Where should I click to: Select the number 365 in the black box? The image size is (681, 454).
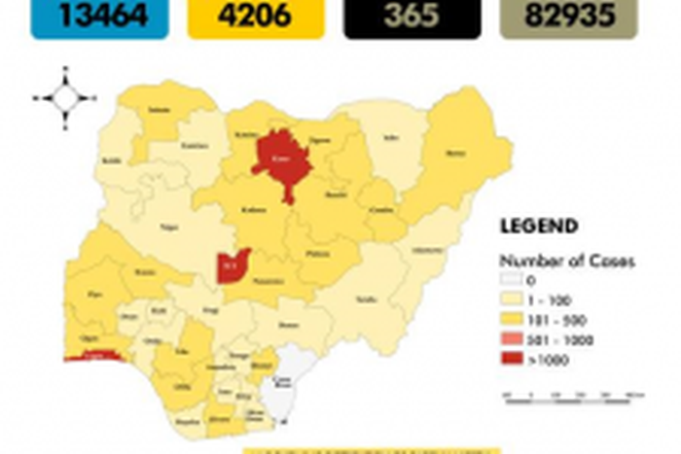click(412, 16)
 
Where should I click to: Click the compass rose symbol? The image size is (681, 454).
click(65, 97)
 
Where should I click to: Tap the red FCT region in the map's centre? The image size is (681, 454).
click(232, 265)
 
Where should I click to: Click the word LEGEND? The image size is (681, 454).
click(539, 227)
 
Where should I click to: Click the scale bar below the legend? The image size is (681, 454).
click(574, 395)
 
